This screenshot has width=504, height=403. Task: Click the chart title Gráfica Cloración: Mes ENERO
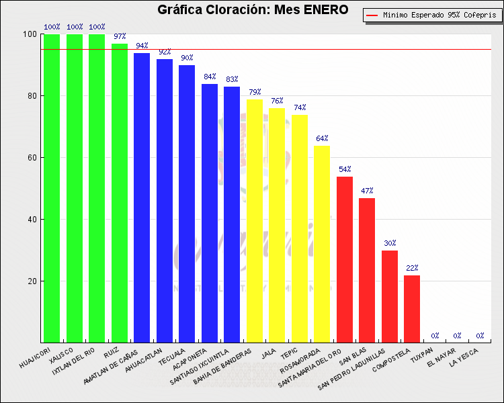tap(253, 9)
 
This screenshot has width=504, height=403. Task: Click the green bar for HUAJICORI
tap(52, 188)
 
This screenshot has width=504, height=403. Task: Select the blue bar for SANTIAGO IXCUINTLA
tap(232, 214)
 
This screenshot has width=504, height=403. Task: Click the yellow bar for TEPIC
tap(300, 228)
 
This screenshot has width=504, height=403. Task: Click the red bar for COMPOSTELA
tap(412, 308)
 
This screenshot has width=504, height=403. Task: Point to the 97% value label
tap(120, 36)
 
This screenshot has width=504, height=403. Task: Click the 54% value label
tap(345, 169)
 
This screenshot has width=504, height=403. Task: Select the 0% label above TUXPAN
tap(435, 335)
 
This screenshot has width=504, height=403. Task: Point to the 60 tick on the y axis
tap(31, 158)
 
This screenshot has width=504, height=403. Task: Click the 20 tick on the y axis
tap(31, 281)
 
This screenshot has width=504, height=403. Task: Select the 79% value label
tap(255, 92)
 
